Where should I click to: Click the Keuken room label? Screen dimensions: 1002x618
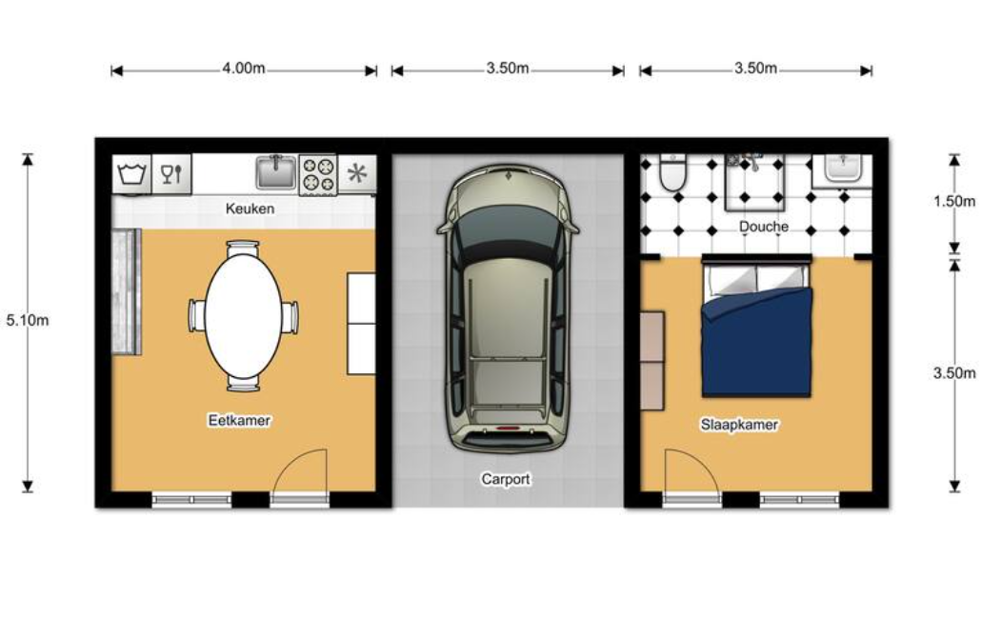click(250, 209)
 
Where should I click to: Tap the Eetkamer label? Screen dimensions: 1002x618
click(239, 420)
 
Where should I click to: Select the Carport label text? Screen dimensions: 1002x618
click(506, 479)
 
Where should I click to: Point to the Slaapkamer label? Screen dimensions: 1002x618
click(739, 425)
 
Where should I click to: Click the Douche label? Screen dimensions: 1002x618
click(764, 227)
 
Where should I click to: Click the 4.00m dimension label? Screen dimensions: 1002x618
click(244, 68)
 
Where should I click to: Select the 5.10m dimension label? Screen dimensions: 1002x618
click(28, 320)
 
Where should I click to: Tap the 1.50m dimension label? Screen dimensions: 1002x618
click(954, 201)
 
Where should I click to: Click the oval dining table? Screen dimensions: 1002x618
click(244, 316)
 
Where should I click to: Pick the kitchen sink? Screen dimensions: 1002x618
click(276, 172)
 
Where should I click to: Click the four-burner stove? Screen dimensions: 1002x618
click(318, 174)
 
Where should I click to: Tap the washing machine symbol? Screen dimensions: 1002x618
click(132, 173)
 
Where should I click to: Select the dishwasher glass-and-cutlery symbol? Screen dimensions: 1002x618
click(171, 173)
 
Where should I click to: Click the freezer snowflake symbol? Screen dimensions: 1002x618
click(356, 173)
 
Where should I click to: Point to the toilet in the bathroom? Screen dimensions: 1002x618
click(672, 172)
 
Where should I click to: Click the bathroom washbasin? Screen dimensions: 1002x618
click(842, 168)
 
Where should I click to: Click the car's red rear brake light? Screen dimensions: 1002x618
click(508, 427)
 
